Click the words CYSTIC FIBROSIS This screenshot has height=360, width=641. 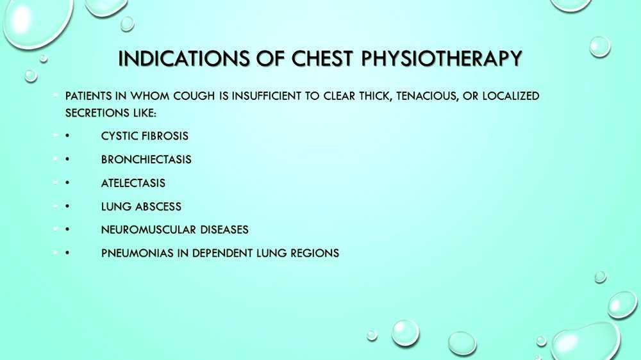tap(144, 136)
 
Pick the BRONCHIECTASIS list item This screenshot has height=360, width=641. tap(146, 160)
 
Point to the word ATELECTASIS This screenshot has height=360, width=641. tap(133, 183)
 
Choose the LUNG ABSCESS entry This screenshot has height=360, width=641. tap(141, 206)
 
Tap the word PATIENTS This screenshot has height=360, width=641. tap(90, 97)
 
